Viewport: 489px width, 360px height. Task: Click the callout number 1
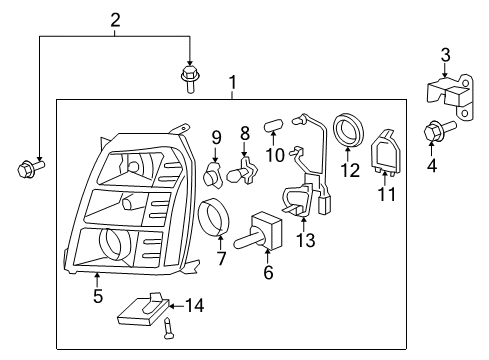pyautogui.click(x=233, y=81)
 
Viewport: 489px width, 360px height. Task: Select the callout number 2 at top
pyautogui.click(x=115, y=19)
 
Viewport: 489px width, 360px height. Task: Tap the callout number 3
pyautogui.click(x=446, y=54)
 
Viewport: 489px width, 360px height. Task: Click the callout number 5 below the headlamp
pyautogui.click(x=96, y=295)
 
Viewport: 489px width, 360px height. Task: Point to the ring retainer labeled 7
pyautogui.click(x=214, y=219)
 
